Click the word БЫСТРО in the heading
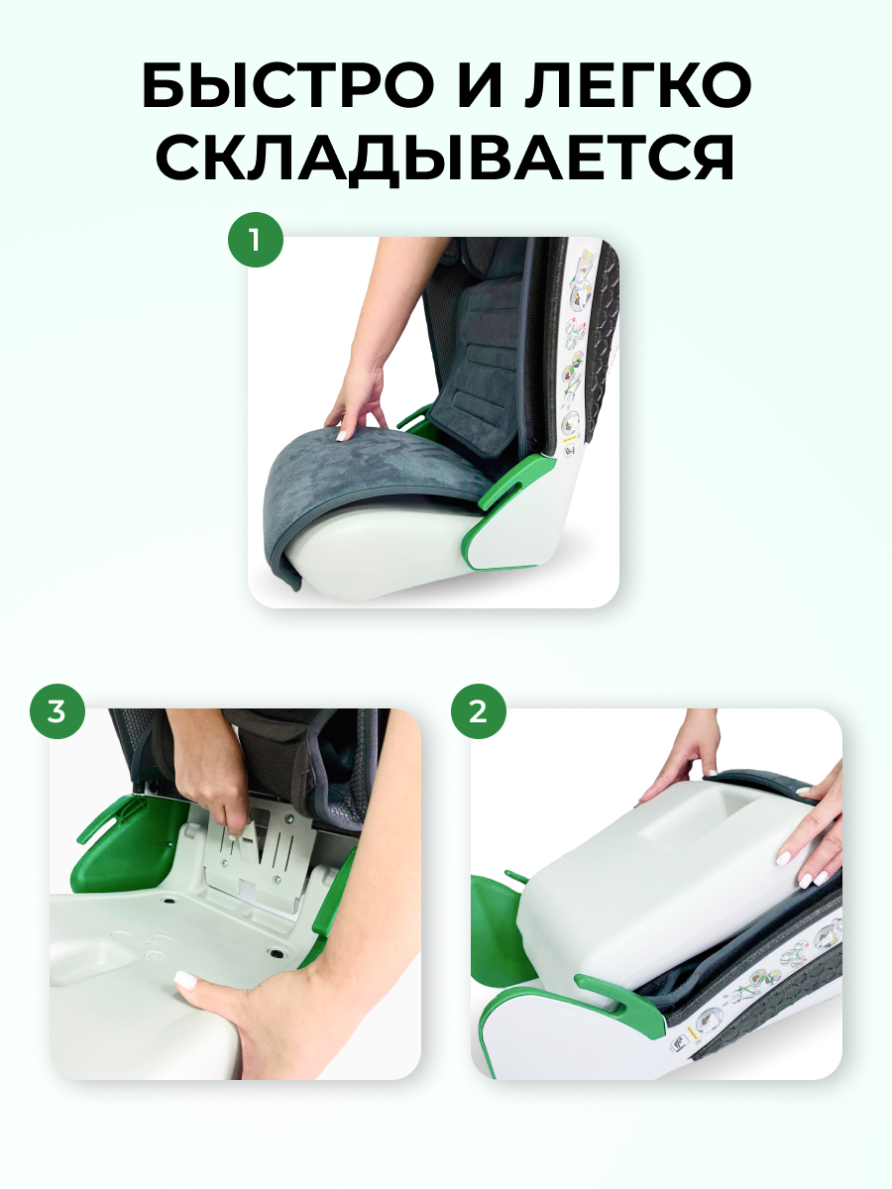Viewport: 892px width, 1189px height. tap(287, 86)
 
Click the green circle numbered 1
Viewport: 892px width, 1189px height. tap(255, 240)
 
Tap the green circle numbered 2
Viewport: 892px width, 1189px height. tap(479, 711)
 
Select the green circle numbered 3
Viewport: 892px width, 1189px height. tap(57, 711)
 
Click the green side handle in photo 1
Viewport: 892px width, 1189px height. tap(517, 483)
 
